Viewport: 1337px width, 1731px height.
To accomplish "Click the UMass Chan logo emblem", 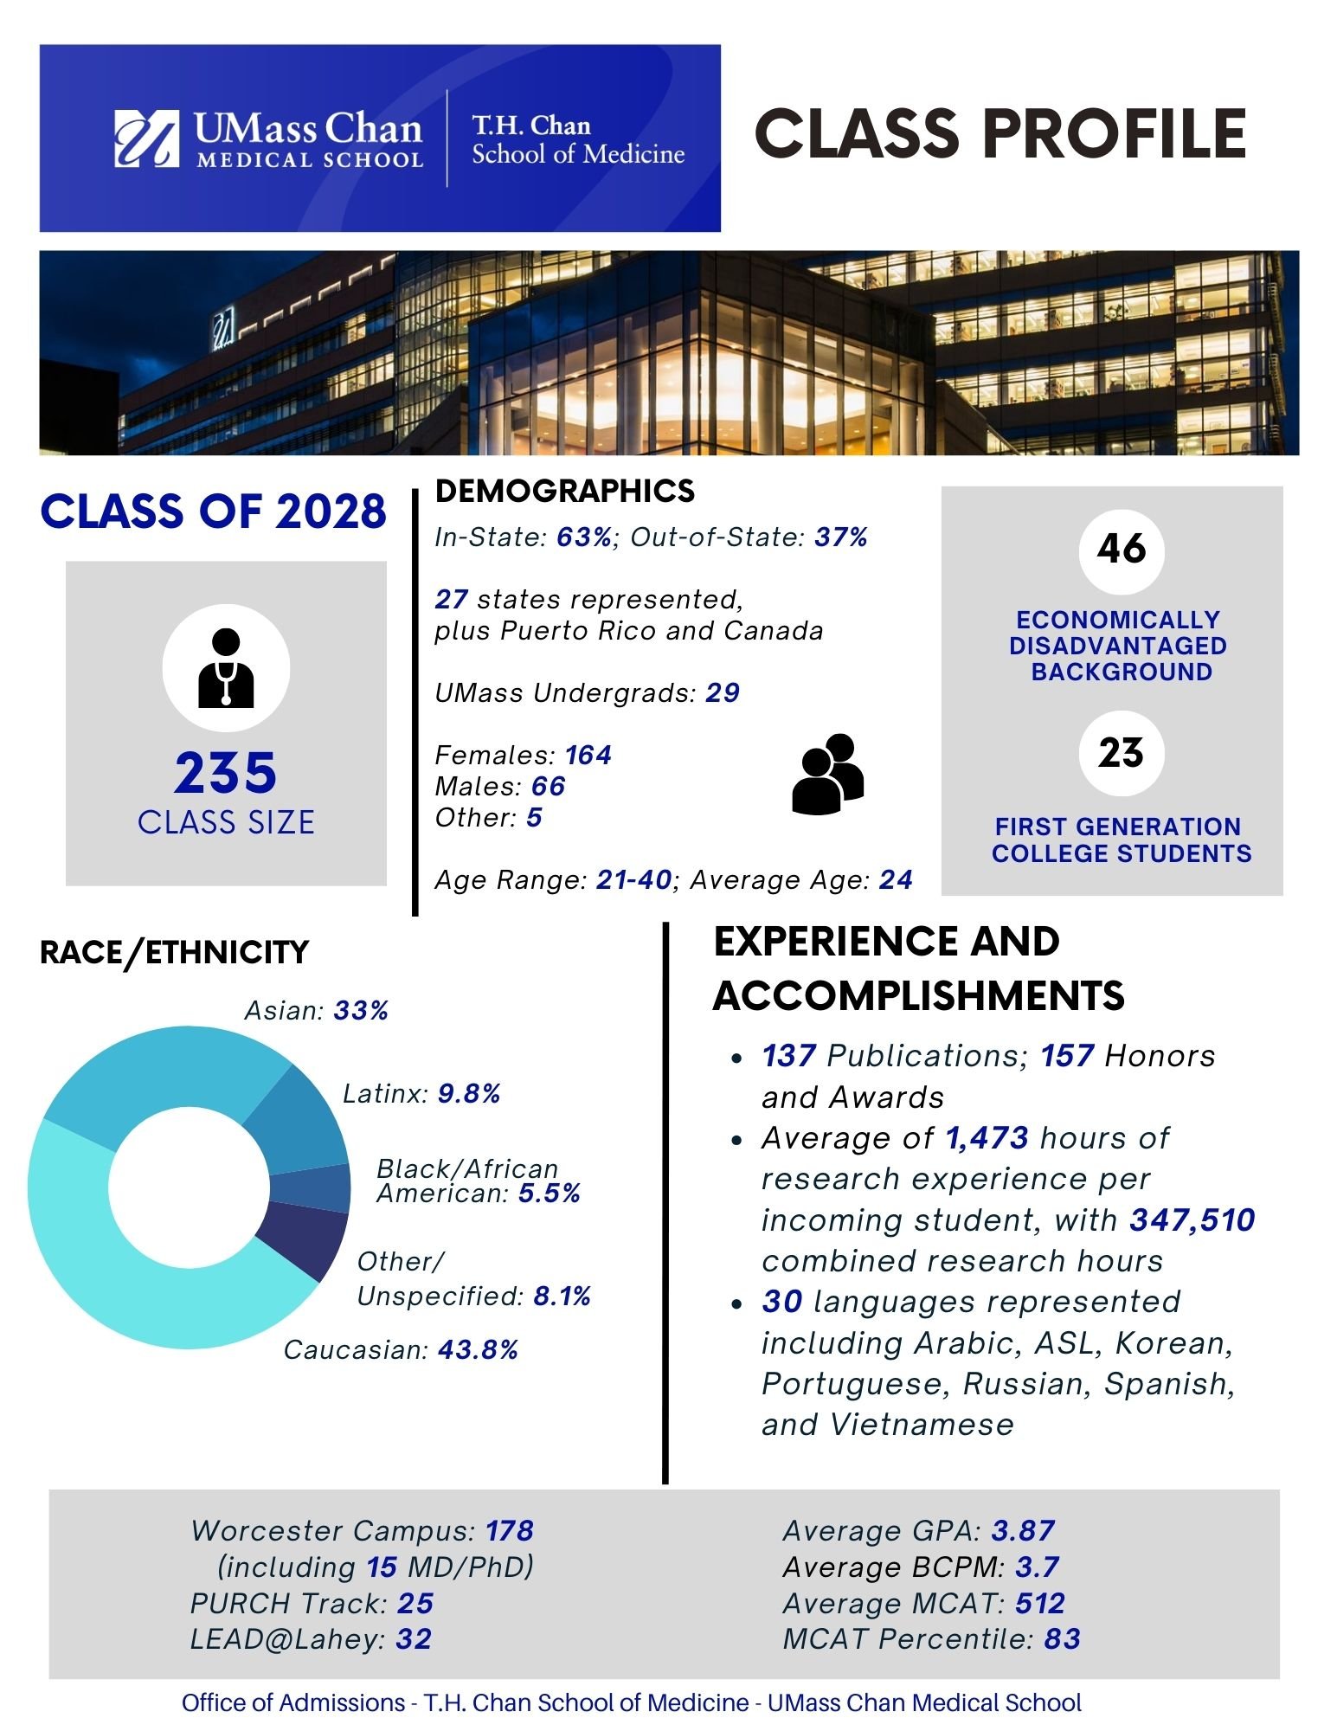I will (146, 138).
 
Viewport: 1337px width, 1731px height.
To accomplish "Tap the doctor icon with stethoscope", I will (226, 668).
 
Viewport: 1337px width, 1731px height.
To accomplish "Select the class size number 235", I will (226, 773).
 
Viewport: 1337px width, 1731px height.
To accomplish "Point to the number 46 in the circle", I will (1121, 550).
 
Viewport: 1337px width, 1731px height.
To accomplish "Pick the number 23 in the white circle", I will (1121, 752).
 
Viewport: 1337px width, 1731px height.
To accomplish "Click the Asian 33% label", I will (317, 1010).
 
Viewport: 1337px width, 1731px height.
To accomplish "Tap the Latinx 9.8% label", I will (421, 1094).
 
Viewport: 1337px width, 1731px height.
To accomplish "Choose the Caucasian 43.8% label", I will (401, 1349).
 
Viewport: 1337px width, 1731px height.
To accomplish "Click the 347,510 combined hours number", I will (1192, 1219).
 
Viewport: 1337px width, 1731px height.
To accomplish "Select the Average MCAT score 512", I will (1039, 1603).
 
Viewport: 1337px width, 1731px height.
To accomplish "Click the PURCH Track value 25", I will (415, 1603).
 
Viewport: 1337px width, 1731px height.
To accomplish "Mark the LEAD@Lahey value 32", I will (414, 1639).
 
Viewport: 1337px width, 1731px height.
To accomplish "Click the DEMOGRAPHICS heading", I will (564, 491).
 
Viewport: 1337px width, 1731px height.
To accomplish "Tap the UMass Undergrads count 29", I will (723, 692).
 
